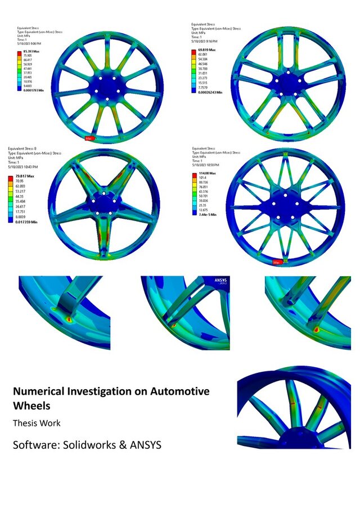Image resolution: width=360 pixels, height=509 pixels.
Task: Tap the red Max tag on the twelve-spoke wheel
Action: point(89,137)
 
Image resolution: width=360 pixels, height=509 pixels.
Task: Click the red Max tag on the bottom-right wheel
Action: point(276,262)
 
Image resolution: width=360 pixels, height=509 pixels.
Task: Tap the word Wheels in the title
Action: point(31,405)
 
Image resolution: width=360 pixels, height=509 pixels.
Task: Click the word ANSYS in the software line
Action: point(143,445)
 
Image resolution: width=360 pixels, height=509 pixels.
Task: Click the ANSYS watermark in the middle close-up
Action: point(219,280)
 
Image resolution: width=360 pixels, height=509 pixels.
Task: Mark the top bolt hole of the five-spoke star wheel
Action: point(106,194)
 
